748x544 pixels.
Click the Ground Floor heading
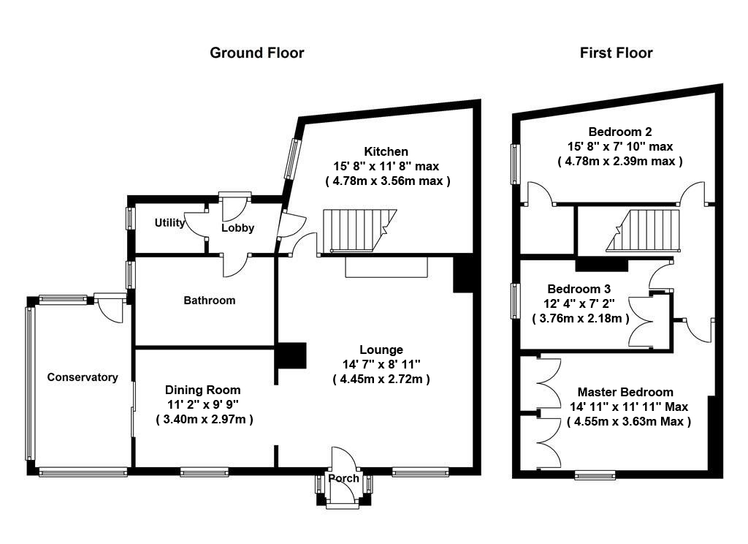point(256,53)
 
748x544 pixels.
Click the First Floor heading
point(617,53)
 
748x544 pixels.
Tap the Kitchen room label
point(386,151)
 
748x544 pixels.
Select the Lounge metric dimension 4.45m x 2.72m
point(381,379)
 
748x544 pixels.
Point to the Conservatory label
point(83,377)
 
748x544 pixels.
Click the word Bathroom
point(210,301)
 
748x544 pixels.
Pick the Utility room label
point(169,222)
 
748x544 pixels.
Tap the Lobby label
point(237,228)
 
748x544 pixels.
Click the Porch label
point(343,478)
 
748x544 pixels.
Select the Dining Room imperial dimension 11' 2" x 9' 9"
point(203,404)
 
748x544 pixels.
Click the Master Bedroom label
point(625,392)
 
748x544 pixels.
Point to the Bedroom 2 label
point(620,132)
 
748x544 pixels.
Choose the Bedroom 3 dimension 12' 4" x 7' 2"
point(579,303)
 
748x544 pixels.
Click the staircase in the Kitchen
point(359,230)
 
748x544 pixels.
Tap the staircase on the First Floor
point(643,230)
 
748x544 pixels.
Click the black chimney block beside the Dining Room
point(291,355)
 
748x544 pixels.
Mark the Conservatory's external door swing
point(111,310)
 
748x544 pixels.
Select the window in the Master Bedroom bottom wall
point(595,475)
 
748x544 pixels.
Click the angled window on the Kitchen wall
point(291,159)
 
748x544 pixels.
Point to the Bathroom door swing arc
point(236,265)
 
